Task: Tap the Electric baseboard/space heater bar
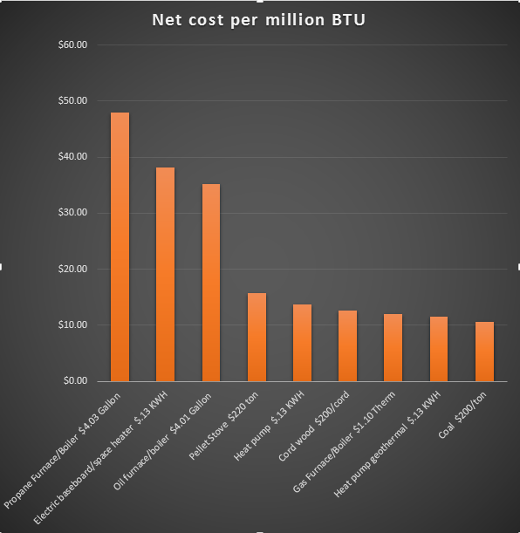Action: coord(165,274)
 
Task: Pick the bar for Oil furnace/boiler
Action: coord(211,283)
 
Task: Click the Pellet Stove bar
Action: coord(257,337)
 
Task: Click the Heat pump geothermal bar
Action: coord(439,349)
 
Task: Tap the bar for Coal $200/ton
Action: coord(485,352)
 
